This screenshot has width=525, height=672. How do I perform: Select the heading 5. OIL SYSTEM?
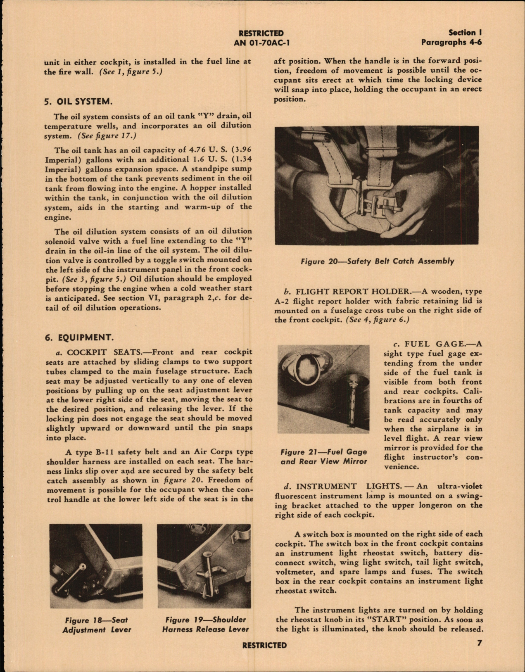click(78, 101)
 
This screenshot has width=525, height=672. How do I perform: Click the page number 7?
click(479, 643)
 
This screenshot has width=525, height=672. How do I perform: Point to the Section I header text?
click(466, 33)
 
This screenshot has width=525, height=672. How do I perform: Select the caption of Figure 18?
click(97, 625)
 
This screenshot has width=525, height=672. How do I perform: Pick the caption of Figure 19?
click(205, 625)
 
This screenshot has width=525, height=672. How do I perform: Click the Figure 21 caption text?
click(323, 456)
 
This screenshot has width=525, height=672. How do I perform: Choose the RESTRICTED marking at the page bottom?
click(264, 645)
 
